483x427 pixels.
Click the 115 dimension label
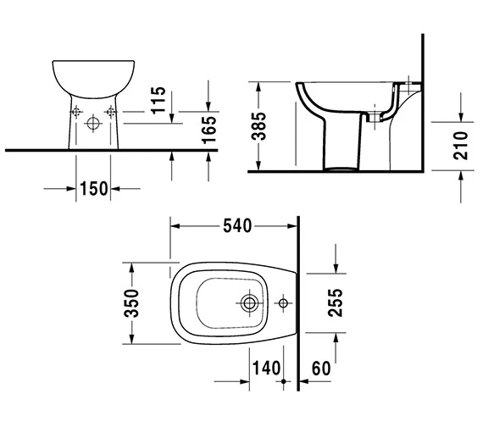tap(158, 103)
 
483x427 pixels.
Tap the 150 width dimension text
tap(95, 188)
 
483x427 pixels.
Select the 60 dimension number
tap(320, 369)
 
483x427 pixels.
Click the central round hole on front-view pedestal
tap(93, 121)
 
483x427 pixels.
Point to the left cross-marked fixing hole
tap(76, 112)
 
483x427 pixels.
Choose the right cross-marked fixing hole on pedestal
tap(109, 112)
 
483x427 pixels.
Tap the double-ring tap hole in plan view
tap(250, 302)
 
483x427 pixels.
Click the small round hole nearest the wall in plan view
tap(283, 302)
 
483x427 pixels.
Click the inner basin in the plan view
tap(220, 302)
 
